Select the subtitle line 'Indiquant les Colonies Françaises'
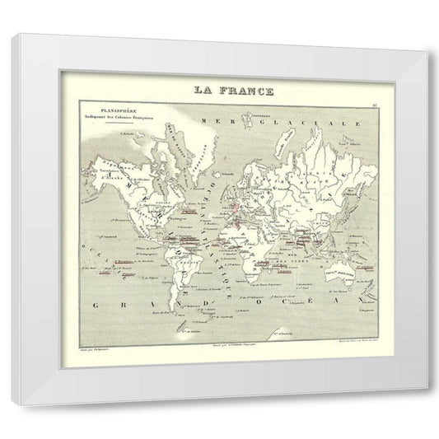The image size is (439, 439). [x=132, y=115]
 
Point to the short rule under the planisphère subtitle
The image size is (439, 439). [x=132, y=121]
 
